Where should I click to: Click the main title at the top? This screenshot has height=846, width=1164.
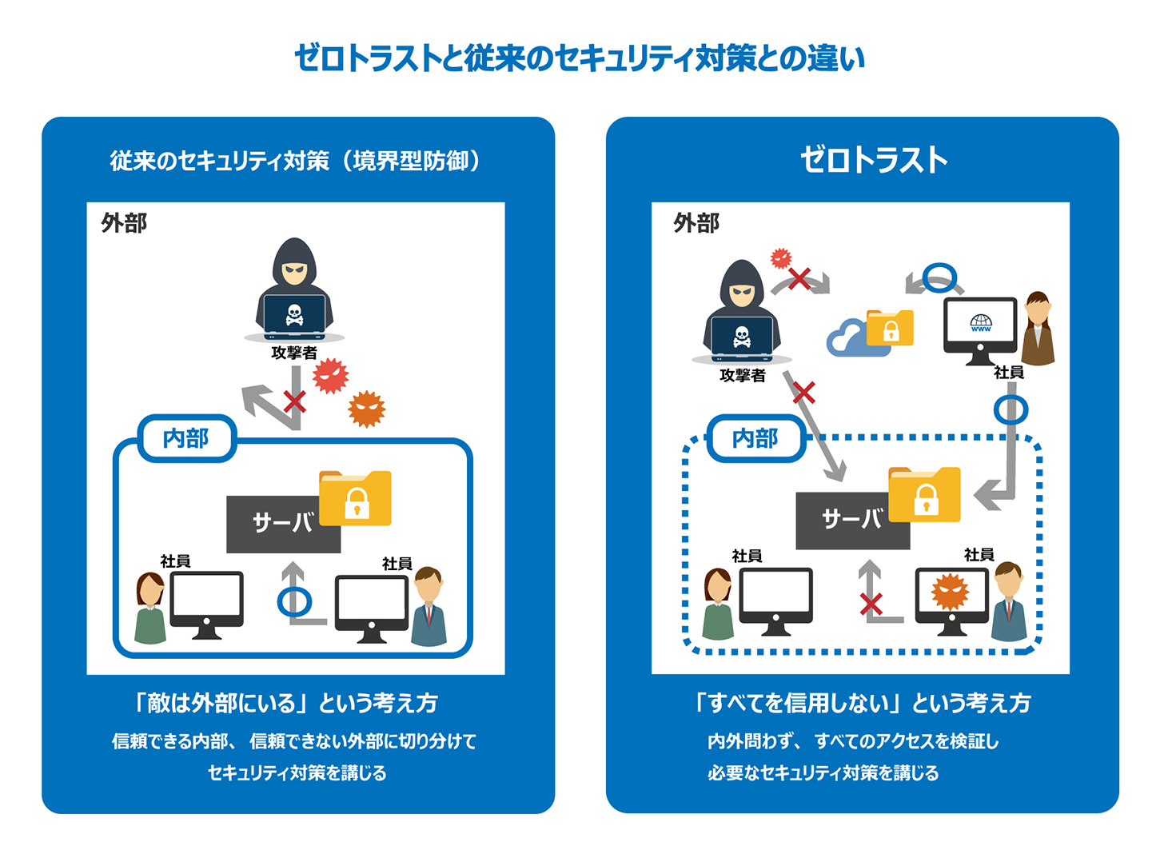[580, 58]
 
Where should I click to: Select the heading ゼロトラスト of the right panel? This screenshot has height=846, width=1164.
[874, 160]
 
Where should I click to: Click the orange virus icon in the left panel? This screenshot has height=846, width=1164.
[367, 409]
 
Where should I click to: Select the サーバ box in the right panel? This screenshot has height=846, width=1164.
[851, 521]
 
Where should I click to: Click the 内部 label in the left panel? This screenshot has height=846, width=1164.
[186, 438]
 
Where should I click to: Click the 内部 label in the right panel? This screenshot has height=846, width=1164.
[755, 438]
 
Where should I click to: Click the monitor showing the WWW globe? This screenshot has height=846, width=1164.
[980, 329]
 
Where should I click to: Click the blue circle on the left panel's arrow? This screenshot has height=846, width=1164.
[294, 601]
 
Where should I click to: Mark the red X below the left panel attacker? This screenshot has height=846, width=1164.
[294, 401]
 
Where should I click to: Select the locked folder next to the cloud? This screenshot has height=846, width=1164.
[890, 328]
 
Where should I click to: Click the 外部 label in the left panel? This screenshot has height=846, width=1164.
[124, 223]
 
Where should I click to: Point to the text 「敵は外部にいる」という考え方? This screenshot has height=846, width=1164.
[286, 703]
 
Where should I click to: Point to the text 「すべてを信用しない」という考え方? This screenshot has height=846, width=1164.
[862, 703]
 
